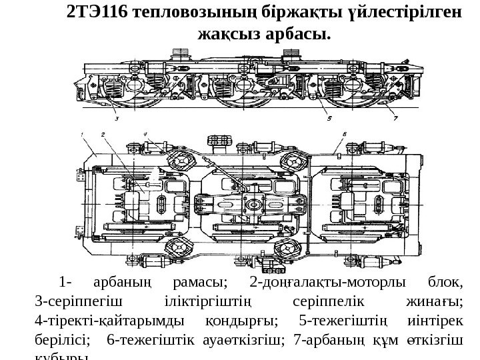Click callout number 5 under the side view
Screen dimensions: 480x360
349,119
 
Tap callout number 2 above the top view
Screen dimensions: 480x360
104,135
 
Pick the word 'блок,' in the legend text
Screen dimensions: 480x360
441,282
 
